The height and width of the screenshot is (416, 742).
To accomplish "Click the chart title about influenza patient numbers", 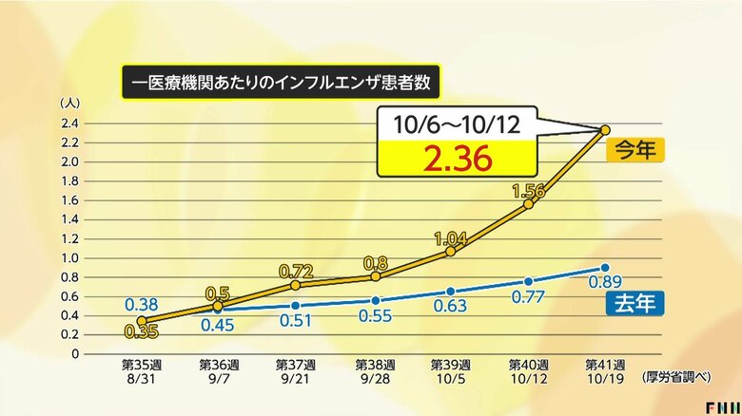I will pyautogui.click(x=282, y=83).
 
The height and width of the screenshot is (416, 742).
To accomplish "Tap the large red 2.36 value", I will pyautogui.click(x=458, y=158).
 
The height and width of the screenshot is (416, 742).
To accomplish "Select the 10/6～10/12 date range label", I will pyautogui.click(x=458, y=124).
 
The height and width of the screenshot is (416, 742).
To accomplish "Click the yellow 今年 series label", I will pyautogui.click(x=634, y=150).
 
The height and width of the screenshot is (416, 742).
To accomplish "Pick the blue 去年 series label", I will pyautogui.click(x=634, y=303).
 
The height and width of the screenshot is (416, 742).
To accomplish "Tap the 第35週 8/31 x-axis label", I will pyautogui.click(x=141, y=370).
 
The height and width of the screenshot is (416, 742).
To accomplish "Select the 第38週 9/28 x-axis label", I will pyautogui.click(x=375, y=370).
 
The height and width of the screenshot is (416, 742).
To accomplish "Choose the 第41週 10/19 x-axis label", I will pyautogui.click(x=606, y=370).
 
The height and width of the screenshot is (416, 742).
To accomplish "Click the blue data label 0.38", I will pyautogui.click(x=141, y=305).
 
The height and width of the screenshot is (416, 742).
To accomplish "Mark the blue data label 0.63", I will pyautogui.click(x=452, y=307).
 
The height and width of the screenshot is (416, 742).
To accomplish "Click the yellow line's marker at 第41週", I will pyautogui.click(x=606, y=129).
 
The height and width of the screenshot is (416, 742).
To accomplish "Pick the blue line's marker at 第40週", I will pyautogui.click(x=529, y=281).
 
